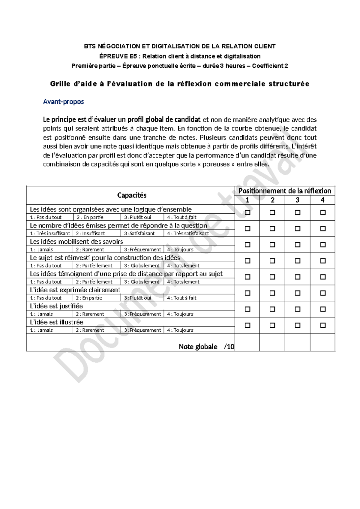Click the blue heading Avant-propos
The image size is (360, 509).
(x=63, y=102)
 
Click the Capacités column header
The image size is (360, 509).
(x=132, y=195)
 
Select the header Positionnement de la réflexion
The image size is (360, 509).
(x=284, y=191)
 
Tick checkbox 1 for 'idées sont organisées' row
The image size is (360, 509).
(x=247, y=212)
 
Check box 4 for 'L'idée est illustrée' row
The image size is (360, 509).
(x=322, y=325)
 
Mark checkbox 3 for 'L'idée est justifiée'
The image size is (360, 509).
(x=297, y=309)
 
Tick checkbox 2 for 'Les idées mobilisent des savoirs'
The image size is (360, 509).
(x=272, y=245)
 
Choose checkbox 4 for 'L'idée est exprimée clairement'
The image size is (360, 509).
(x=322, y=293)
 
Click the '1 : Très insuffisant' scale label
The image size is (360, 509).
(x=50, y=233)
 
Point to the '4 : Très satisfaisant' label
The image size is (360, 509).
(x=188, y=233)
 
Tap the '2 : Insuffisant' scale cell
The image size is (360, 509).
(x=90, y=233)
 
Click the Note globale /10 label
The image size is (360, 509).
(x=206, y=347)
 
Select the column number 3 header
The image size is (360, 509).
(x=297, y=200)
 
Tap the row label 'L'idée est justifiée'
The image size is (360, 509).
(x=56, y=306)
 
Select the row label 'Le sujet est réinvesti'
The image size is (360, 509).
(x=105, y=258)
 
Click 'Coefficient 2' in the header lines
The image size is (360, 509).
(x=270, y=66)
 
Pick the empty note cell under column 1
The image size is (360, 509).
(x=247, y=342)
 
